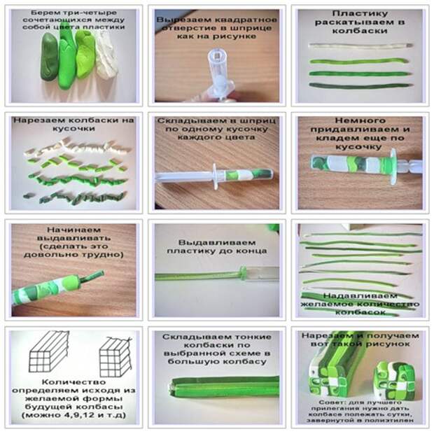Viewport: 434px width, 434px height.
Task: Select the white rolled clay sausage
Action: coord(360,45)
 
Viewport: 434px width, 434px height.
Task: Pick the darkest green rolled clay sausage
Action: coord(360,86)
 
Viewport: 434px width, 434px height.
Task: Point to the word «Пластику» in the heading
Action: coord(360,13)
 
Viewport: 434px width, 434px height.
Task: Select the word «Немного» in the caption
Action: coord(360,120)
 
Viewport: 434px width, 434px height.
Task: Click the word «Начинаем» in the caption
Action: coord(73,230)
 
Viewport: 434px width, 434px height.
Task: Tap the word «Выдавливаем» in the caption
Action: coord(217,242)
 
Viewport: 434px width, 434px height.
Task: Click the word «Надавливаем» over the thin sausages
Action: coord(360,295)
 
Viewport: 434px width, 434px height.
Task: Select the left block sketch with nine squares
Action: coord(49,351)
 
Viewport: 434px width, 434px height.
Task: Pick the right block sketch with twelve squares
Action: coord(115,357)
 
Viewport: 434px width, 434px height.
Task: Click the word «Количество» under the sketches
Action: coord(73,382)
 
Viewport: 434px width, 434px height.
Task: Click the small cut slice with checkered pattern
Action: coord(394,379)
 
